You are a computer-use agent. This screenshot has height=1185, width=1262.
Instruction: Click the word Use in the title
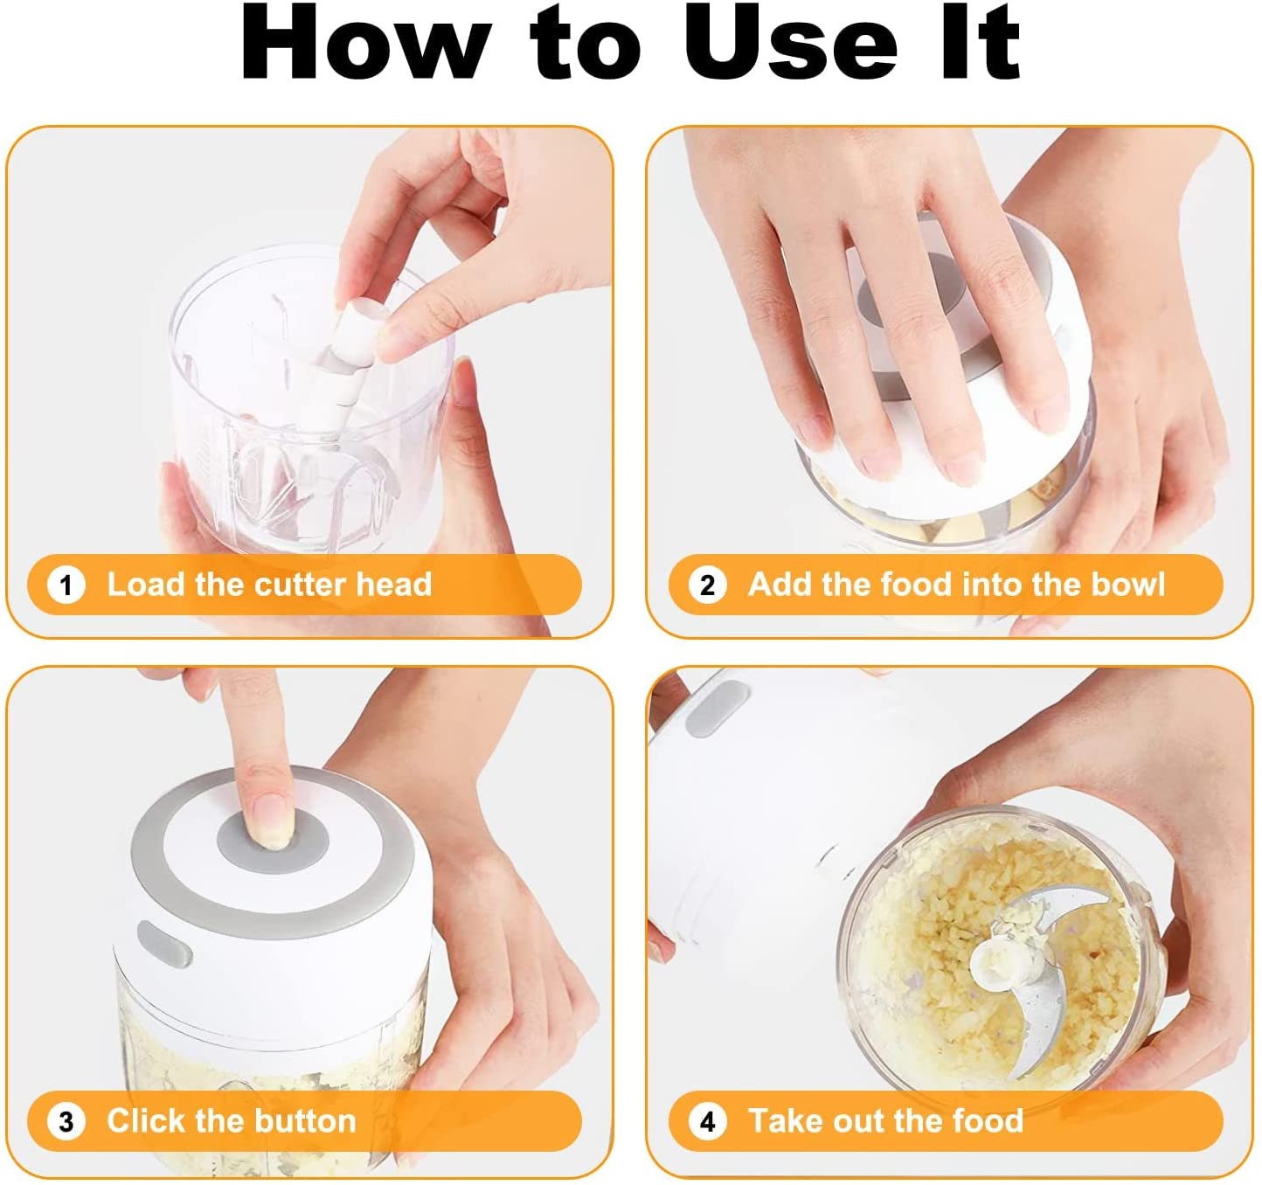790,42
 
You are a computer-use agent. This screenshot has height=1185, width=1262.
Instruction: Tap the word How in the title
364,42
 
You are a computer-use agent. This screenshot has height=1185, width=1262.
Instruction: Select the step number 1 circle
66,586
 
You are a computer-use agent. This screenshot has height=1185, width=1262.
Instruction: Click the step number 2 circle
707,586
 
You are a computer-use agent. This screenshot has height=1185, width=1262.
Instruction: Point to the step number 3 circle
66,1122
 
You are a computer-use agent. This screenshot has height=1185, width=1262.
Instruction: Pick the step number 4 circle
707,1122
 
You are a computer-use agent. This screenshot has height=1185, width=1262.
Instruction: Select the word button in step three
305,1121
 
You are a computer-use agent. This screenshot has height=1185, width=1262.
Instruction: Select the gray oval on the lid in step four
717,709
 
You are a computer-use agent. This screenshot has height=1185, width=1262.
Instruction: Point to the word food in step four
988,1121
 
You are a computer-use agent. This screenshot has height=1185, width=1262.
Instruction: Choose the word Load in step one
146,585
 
